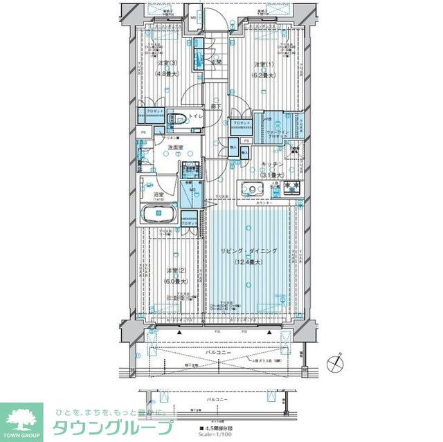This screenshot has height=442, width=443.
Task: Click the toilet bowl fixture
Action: tap(177, 118)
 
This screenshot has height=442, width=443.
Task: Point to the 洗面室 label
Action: tap(174, 149)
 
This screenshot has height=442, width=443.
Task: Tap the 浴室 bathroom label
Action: tap(159, 195)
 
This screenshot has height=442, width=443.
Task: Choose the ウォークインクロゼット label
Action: tap(273, 131)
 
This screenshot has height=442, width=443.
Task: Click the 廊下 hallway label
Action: tap(217, 106)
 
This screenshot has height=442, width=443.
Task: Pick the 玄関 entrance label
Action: tap(217, 62)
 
